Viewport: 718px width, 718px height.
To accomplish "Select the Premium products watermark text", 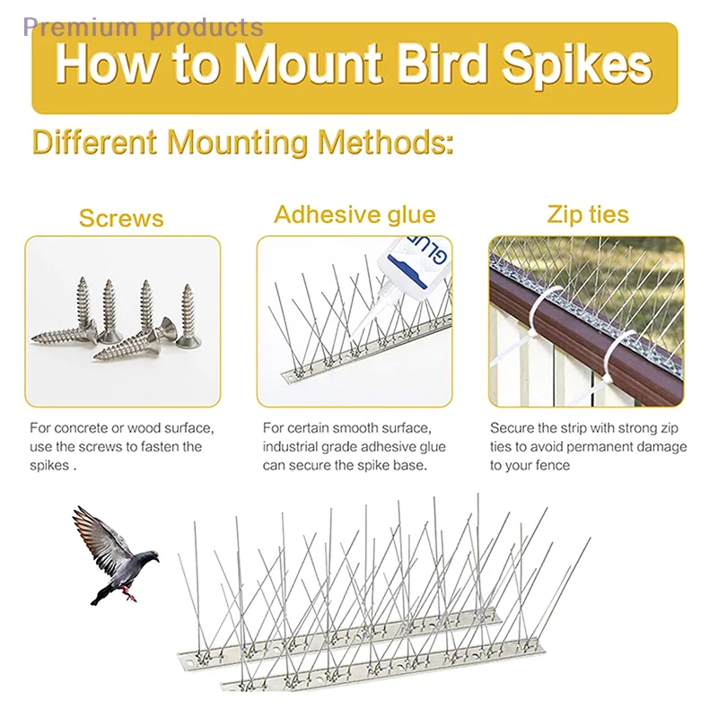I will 144,27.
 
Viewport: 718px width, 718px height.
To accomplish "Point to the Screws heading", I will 121,218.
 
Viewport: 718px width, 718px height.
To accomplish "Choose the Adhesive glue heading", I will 355,215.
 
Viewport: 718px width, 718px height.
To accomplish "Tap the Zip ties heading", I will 588,215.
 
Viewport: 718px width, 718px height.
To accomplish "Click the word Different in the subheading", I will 95,142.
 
